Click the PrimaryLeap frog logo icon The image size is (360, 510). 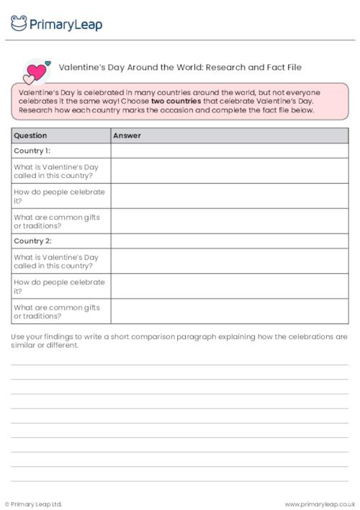(19, 24)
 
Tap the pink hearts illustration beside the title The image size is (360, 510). (36, 71)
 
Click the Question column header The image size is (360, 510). (30, 135)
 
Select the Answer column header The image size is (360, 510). (127, 135)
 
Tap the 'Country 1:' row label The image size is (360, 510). (32, 151)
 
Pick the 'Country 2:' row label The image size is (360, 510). (32, 241)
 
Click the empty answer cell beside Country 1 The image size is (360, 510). (229, 151)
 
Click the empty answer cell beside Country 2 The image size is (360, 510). (229, 241)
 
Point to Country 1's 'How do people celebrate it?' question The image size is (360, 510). (59, 196)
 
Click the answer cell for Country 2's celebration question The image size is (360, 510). (229, 286)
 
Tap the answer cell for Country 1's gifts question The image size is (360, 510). (229, 221)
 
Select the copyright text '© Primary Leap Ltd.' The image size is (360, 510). (34, 504)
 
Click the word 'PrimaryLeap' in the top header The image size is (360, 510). (66, 24)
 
